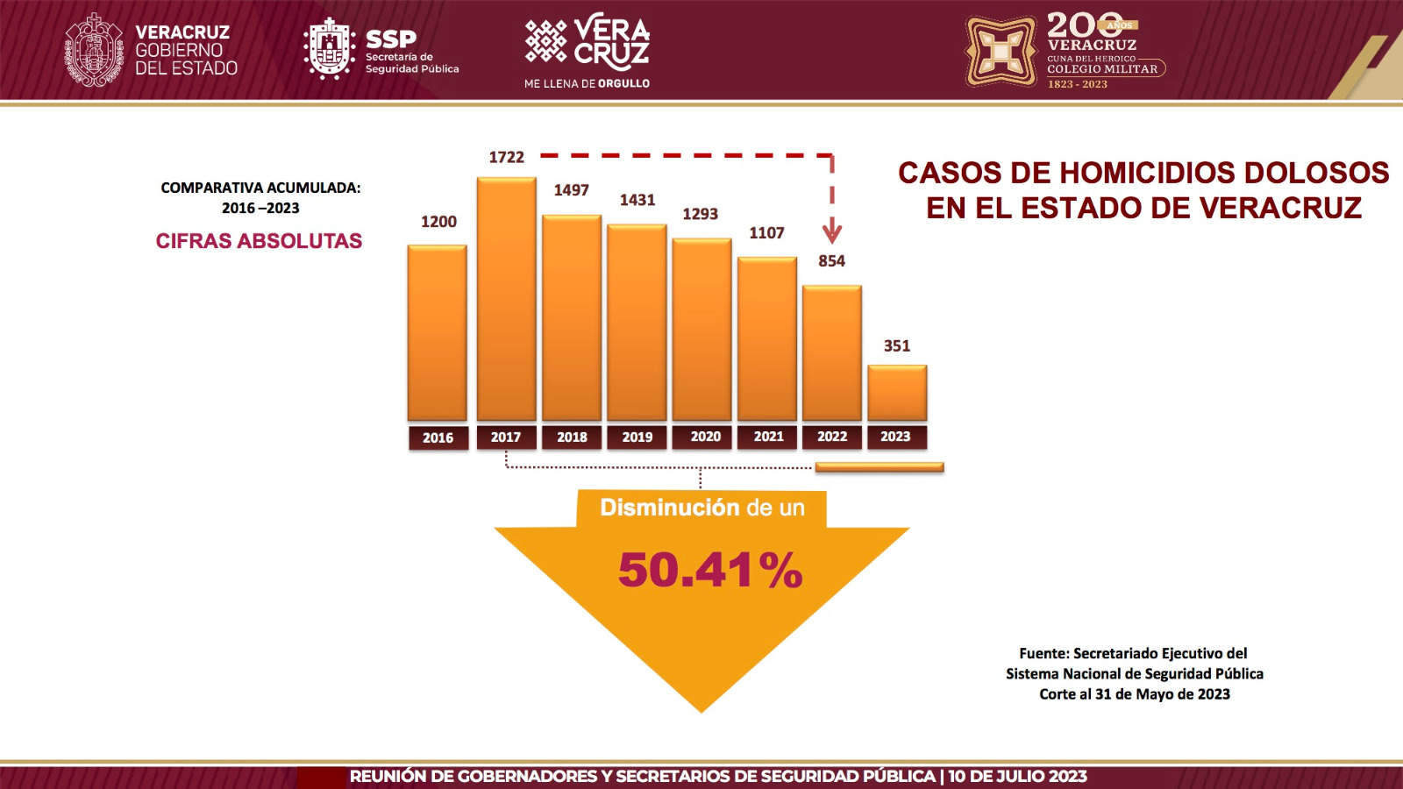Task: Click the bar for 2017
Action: pos(506,300)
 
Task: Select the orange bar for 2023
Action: pos(897,393)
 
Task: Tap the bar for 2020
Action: pos(701,330)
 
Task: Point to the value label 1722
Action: pos(506,158)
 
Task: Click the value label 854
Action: pos(831,261)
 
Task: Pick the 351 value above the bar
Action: pos(896,346)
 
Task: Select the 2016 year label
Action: pos(438,437)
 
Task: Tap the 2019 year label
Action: pos(637,437)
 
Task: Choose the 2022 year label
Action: pos(831,437)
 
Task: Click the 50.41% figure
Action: pos(710,571)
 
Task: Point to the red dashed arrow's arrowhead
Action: pos(831,233)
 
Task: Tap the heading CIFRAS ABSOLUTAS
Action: pos(259,241)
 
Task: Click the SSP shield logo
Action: pos(329,49)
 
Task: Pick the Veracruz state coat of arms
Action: pos(94,50)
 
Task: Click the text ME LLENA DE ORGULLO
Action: pos(587,84)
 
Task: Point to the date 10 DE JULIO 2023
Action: pos(1017,777)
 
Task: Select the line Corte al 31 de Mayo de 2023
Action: pos(1134,694)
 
